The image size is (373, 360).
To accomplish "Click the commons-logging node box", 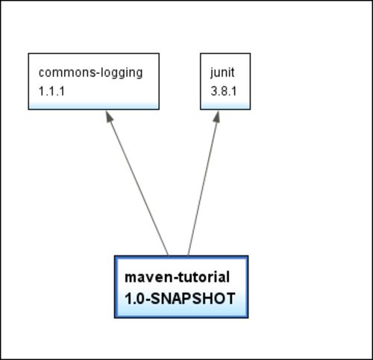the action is pyautogui.click(x=94, y=81).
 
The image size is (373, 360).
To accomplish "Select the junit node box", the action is pyautogui.click(x=225, y=81).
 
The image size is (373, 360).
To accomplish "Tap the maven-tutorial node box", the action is pyautogui.click(x=181, y=287).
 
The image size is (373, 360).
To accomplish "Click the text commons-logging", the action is pyautogui.click(x=91, y=73).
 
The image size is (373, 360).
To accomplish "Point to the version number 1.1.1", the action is pyautogui.click(x=51, y=91).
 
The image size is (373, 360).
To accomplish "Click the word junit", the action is pyautogui.click(x=222, y=72).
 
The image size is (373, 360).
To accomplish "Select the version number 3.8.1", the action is pyautogui.click(x=224, y=91).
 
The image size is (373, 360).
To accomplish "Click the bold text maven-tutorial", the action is pyautogui.click(x=178, y=277).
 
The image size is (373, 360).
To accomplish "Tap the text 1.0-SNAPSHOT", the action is pyautogui.click(x=180, y=299).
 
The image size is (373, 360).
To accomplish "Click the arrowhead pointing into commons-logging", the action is pyautogui.click(x=109, y=117).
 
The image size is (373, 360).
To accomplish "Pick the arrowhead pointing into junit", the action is pyautogui.click(x=217, y=117).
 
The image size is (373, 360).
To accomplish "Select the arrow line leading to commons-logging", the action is pyautogui.click(x=137, y=183).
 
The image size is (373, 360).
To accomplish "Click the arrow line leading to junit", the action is pyautogui.click(x=204, y=183).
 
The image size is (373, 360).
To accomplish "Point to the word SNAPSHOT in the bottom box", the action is pyautogui.click(x=193, y=299).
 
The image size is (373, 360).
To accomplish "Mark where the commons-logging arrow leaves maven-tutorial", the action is pyautogui.click(x=169, y=255).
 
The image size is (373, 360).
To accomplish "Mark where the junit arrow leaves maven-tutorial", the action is pyautogui.click(x=188, y=255).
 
